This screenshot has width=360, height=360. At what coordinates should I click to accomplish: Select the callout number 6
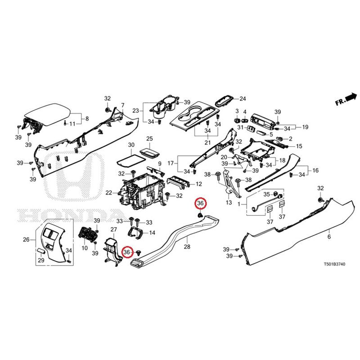pyautogui.click(x=329, y=237)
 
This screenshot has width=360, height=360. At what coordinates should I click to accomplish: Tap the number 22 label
pyautogui.click(x=108, y=193)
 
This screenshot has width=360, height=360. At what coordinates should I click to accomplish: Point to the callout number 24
pyautogui.click(x=243, y=99)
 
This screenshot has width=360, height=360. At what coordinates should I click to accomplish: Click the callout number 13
pyautogui.click(x=229, y=203)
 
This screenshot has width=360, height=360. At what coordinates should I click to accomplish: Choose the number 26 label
pyautogui.click(x=26, y=239)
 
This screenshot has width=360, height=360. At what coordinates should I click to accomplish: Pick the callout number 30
pyautogui.click(x=131, y=145)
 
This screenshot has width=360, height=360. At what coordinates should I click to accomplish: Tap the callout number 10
pyautogui.click(x=84, y=248)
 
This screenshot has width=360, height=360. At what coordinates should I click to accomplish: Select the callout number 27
pyautogui.click(x=114, y=230)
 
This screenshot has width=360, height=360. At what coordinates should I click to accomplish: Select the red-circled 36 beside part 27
pyautogui.click(x=127, y=252)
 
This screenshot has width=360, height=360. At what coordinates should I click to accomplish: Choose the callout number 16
pyautogui.click(x=315, y=171)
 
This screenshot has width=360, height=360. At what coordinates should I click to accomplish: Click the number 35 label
pyautogui.click(x=266, y=194)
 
